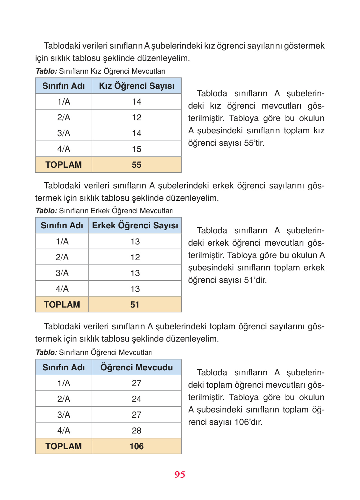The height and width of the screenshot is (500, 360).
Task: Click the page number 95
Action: (x=180, y=475)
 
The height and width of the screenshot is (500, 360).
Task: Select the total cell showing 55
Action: (x=137, y=165)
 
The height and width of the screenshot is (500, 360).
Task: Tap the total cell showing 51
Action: (x=135, y=304)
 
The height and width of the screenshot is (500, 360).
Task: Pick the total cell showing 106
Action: (x=137, y=446)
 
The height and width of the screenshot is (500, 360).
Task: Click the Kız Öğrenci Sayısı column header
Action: (x=137, y=86)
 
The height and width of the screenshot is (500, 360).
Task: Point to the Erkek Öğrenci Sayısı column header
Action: (x=135, y=225)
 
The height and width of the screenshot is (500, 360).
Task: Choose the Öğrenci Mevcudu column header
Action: (x=137, y=367)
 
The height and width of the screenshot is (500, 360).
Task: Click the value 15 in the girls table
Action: (x=137, y=149)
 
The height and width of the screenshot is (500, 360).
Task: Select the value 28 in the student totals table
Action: (x=137, y=430)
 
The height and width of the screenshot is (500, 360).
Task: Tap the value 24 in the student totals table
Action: (x=137, y=399)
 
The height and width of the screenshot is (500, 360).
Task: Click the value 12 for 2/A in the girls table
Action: (x=137, y=117)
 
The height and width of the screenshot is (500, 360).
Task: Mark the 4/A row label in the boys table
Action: (x=62, y=289)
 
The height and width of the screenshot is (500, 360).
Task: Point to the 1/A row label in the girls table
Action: (x=63, y=101)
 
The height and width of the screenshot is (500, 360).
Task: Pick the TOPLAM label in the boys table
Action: (x=62, y=304)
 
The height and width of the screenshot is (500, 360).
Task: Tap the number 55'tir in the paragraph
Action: (x=254, y=143)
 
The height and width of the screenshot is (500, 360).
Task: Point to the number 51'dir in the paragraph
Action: (x=255, y=280)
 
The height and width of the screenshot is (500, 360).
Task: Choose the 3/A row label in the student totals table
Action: (x=63, y=415)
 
